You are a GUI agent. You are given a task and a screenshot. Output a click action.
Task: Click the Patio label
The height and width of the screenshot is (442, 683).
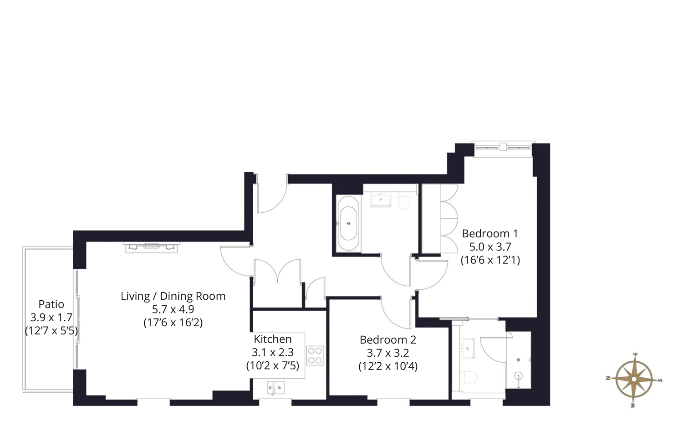coord(51,304)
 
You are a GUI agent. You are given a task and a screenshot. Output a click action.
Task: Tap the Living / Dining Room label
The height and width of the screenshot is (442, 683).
coord(173,296)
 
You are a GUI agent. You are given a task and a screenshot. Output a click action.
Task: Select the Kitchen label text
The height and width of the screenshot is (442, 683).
coord(272,339)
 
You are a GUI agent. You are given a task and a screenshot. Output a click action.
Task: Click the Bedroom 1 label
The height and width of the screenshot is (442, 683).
coord(489,234)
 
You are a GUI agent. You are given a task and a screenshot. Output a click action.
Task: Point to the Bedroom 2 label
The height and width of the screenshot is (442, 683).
coord(387,340)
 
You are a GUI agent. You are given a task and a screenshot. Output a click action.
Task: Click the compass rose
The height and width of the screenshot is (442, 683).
coord(634,379)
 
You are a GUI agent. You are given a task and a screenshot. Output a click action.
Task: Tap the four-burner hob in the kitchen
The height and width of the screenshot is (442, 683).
coord(315,355)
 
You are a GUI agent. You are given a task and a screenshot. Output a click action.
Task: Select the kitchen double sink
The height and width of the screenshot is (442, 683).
coord(276,388)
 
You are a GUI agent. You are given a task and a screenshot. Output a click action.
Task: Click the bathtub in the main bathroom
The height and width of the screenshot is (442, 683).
coord(349,223)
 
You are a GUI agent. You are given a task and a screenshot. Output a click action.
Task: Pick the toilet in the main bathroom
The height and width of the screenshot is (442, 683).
coord(404,200)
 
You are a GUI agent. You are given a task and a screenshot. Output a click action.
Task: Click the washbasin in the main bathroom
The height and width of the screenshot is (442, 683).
coord(381,200)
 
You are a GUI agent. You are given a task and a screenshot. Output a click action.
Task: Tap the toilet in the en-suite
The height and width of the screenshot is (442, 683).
coord(469,377)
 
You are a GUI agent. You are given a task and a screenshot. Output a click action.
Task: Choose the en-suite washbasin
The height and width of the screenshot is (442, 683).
coord(468,349)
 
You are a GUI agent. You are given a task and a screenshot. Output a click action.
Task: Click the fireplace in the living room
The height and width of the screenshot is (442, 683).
coord(152,247)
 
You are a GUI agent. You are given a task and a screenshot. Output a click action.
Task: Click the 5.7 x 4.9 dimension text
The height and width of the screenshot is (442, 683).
coord(173,309)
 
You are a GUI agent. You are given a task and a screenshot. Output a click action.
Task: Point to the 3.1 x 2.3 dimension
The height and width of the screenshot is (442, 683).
coord(272,352)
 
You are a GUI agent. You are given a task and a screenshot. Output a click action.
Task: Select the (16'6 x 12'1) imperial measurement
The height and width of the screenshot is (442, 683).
coord(490,260)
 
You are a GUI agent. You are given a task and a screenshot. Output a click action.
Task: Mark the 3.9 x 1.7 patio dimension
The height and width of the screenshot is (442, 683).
coord(51,318)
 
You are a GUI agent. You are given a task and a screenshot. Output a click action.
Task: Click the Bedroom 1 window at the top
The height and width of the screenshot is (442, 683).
coord(503,147)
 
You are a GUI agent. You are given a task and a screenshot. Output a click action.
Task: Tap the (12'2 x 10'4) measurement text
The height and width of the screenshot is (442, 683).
coord(387,366)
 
